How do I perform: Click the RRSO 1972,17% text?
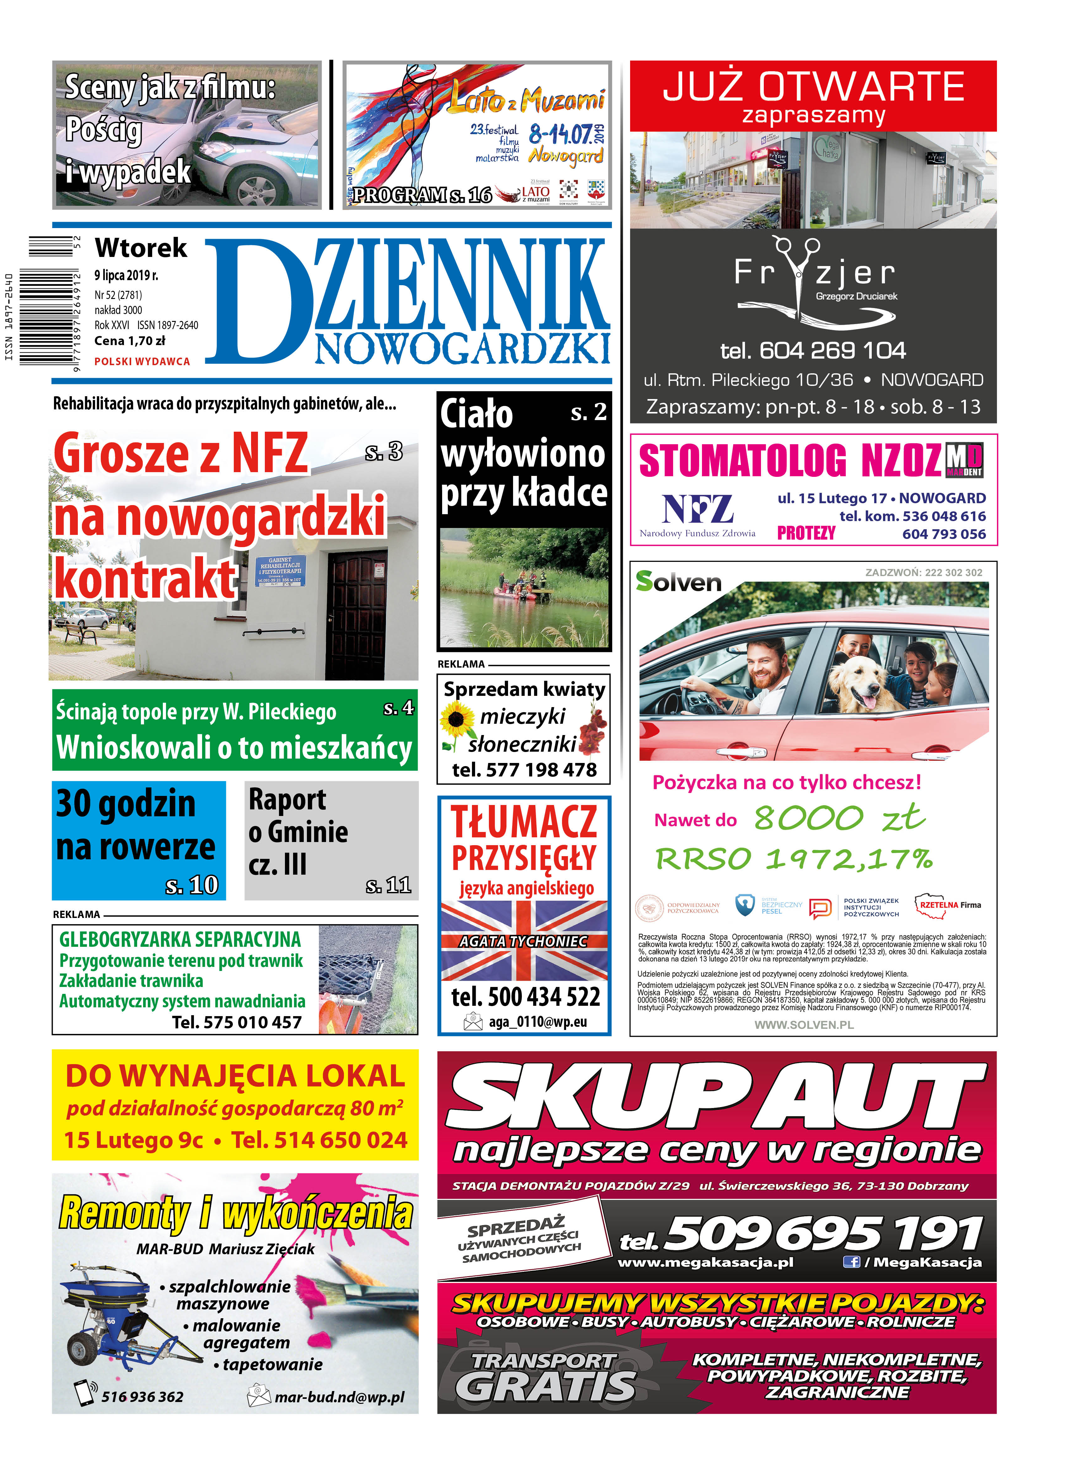point(794,859)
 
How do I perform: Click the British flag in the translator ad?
point(524,941)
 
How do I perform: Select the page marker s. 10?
point(191,885)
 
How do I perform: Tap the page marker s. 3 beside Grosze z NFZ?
point(383,451)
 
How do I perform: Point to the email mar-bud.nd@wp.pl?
point(339,1397)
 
